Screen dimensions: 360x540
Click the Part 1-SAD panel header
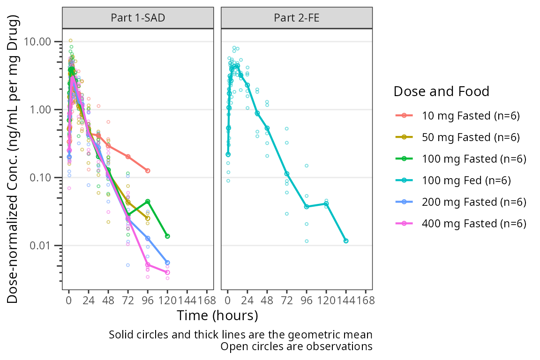click(x=138, y=18)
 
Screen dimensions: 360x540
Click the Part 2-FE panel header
click(x=297, y=18)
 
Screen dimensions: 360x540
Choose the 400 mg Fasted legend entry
click(x=473, y=223)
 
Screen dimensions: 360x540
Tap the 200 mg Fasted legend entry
click(x=473, y=202)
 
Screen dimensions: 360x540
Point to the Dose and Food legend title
click(x=441, y=91)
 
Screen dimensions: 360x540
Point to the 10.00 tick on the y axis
click(x=39, y=42)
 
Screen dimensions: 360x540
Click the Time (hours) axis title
click(x=217, y=315)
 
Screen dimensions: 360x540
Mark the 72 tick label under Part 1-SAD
click(x=128, y=301)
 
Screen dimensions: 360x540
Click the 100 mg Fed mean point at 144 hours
click(x=345, y=241)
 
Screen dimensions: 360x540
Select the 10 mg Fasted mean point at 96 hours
click(x=148, y=171)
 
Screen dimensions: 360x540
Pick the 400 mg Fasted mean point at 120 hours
click(x=167, y=272)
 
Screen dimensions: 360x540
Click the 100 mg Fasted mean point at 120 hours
click(x=167, y=236)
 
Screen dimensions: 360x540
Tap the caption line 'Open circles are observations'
click(x=296, y=347)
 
